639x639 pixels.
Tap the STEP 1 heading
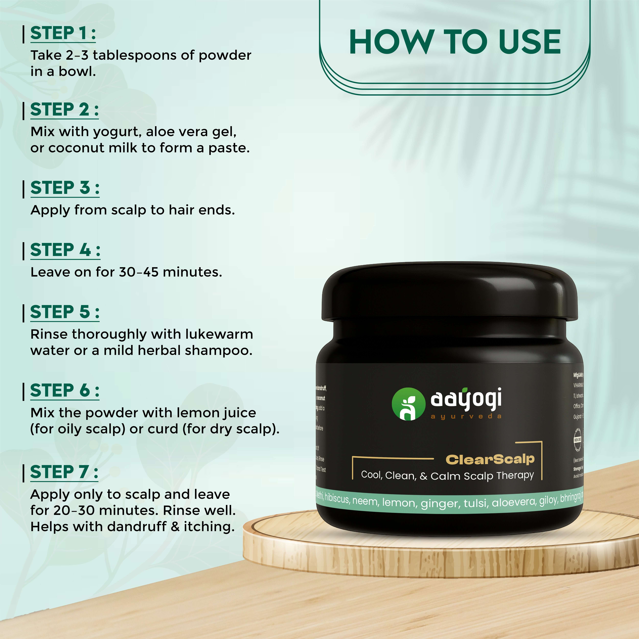point(63,33)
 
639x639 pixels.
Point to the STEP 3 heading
point(65,188)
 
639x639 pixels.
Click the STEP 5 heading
point(65,312)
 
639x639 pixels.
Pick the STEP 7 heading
point(64,472)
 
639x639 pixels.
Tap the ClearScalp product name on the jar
point(490,459)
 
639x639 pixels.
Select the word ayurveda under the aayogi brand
point(466,416)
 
